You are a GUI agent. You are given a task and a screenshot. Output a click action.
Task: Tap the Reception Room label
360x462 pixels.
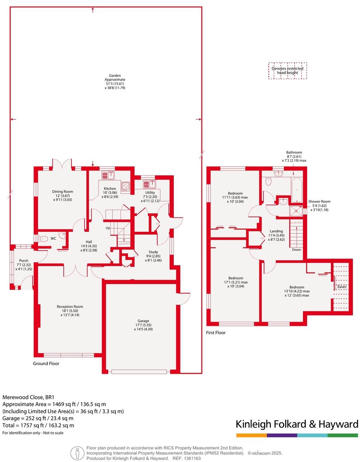[70, 309]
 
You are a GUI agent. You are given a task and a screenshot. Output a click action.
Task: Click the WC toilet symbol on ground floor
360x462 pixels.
[43, 238]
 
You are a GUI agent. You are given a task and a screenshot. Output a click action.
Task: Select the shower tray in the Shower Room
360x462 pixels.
[296, 211]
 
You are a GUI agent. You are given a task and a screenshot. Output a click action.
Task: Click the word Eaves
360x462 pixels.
[342, 287]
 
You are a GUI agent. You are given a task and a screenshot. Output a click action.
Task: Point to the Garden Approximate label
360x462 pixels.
[115, 82]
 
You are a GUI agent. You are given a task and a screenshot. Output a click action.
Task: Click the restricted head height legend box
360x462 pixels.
[287, 71]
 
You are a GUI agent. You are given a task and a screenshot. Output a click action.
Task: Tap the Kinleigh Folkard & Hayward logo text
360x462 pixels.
[296, 424]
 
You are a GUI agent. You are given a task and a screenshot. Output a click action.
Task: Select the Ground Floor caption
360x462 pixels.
[46, 364]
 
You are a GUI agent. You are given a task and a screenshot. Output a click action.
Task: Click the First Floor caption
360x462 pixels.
[216, 332]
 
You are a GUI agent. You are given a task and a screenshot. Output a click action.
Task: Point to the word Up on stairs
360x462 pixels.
[108, 228]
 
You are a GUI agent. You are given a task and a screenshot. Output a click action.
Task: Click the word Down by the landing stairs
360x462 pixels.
[296, 250]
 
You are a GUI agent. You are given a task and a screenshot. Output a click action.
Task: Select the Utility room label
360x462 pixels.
[150, 195]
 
